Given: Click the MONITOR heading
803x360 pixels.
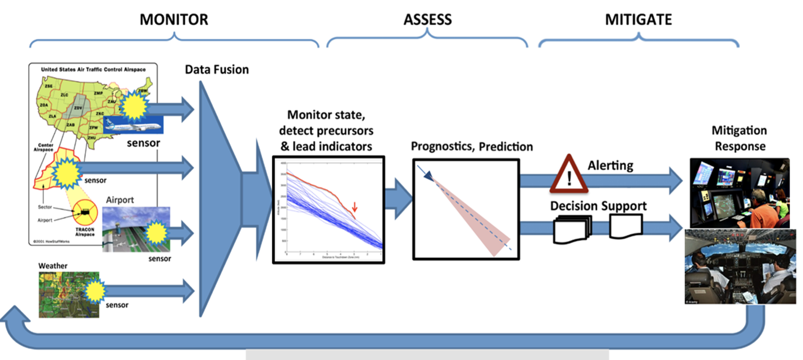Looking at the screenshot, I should coord(174,20).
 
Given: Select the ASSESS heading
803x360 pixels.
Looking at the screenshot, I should coord(427,20).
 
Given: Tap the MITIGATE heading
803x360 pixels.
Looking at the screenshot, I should coord(638,20).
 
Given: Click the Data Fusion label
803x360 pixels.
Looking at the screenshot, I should coord(217,70).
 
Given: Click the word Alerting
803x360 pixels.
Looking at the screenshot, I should coord(610,165).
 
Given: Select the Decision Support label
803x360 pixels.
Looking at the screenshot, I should coord(598,206).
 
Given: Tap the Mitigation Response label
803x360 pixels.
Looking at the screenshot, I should coord(739,138).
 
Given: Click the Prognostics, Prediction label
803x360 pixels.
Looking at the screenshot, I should coord(472,147).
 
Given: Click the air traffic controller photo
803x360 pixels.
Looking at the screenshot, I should coord(739,192).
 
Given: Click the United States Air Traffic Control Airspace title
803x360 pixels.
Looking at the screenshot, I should coord(93,70).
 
